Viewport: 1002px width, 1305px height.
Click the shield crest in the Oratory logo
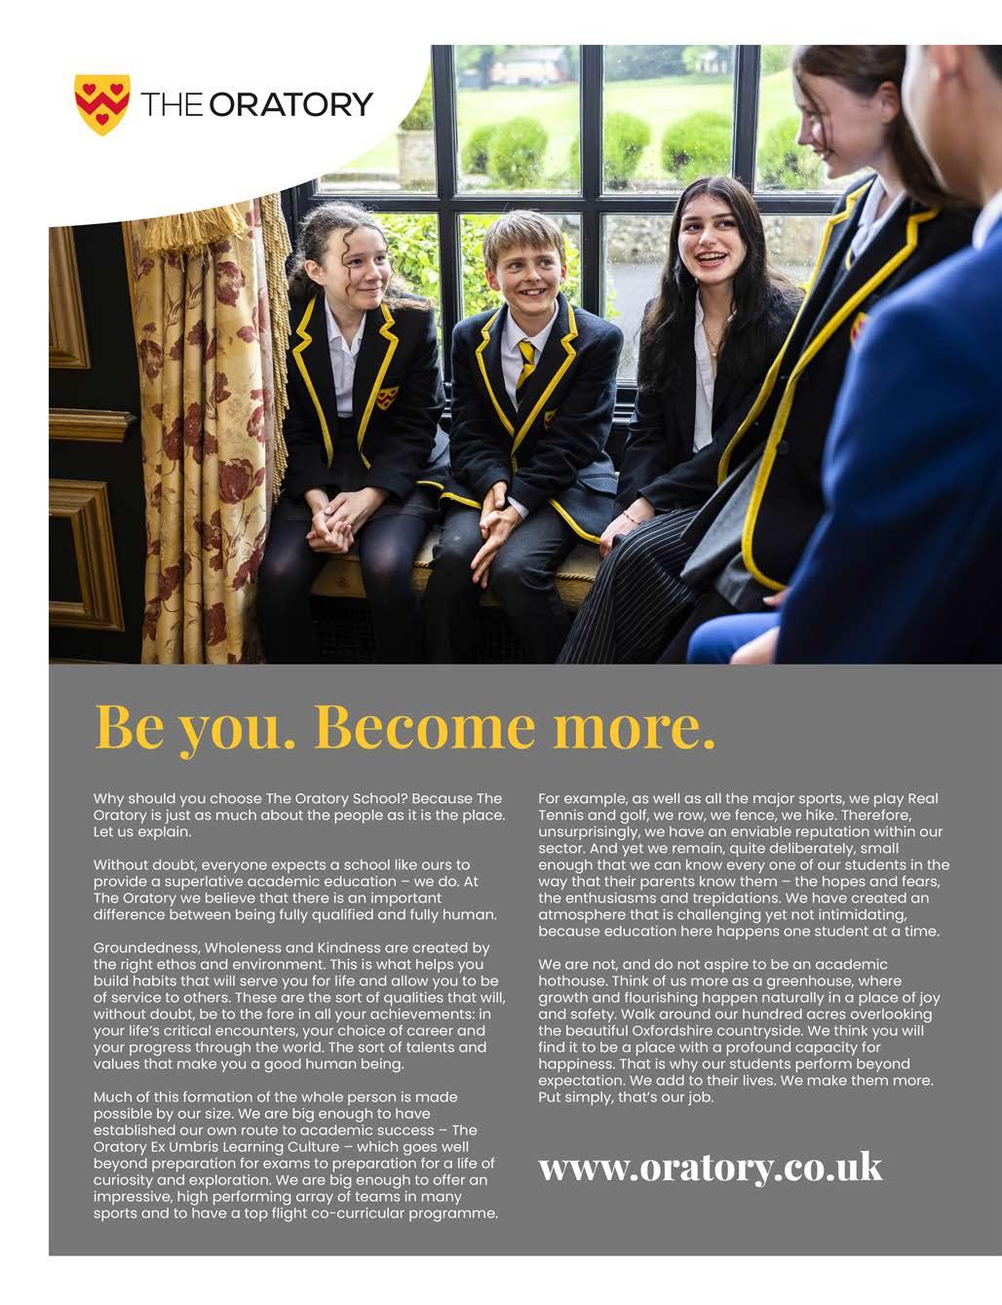coord(101,103)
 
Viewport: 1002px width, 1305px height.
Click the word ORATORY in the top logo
coord(291,103)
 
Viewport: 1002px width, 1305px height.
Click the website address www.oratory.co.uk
coord(710,1167)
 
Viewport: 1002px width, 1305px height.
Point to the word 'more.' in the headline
coord(634,726)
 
